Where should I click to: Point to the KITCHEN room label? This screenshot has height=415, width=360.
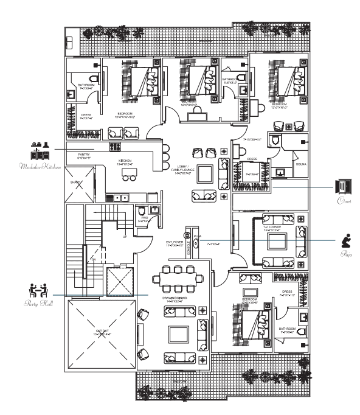(126, 161)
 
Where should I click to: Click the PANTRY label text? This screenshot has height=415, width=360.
(84, 156)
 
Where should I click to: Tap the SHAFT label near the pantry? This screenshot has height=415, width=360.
(75, 181)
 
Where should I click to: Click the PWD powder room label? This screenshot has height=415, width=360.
(144, 220)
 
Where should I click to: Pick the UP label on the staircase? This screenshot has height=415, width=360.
(125, 236)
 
